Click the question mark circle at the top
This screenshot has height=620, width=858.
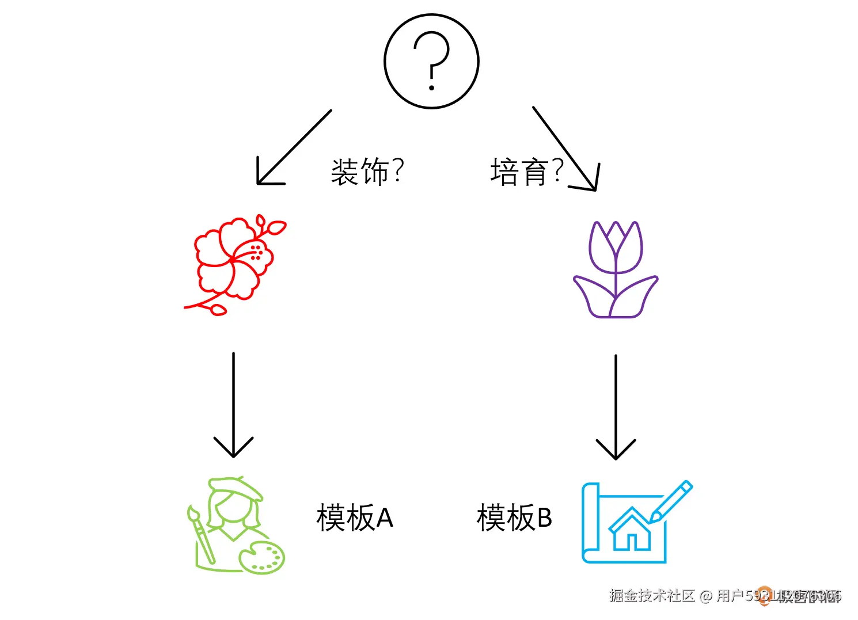tap(431, 61)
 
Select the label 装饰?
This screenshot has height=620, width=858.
tap(367, 172)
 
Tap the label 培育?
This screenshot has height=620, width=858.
tap(526, 172)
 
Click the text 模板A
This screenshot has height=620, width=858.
tap(355, 517)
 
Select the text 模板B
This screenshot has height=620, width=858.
tap(514, 517)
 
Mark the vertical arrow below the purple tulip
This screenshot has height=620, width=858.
tap(616, 406)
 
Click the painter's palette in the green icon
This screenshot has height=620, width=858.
tap(262, 557)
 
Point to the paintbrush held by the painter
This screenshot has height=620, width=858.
tap(200, 535)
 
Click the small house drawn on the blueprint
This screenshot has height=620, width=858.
tap(631, 530)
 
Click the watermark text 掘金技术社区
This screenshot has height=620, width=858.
tap(652, 595)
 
